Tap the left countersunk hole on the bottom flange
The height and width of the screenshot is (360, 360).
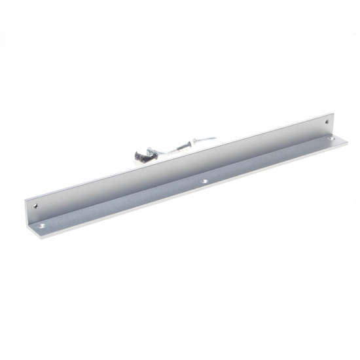[x=44, y=225]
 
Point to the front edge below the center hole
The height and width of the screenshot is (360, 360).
[x=208, y=186]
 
